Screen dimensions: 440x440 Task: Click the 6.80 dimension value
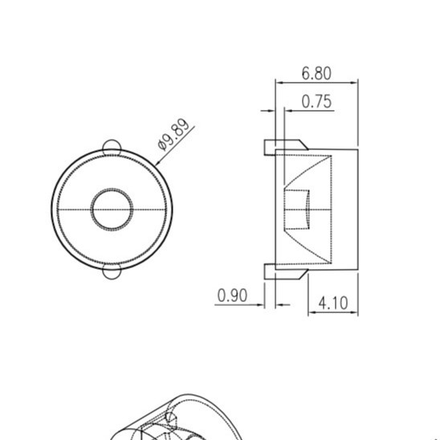[x=316, y=73]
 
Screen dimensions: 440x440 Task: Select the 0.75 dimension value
[x=316, y=101]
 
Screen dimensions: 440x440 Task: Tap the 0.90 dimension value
[x=232, y=295]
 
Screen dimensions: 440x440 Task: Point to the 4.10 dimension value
[x=333, y=303]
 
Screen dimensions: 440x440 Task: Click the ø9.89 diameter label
[x=174, y=135]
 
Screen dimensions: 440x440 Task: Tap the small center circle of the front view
[x=112, y=210]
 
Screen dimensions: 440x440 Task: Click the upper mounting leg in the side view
[x=285, y=145]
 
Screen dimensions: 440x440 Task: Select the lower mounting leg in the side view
[x=285, y=272]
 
